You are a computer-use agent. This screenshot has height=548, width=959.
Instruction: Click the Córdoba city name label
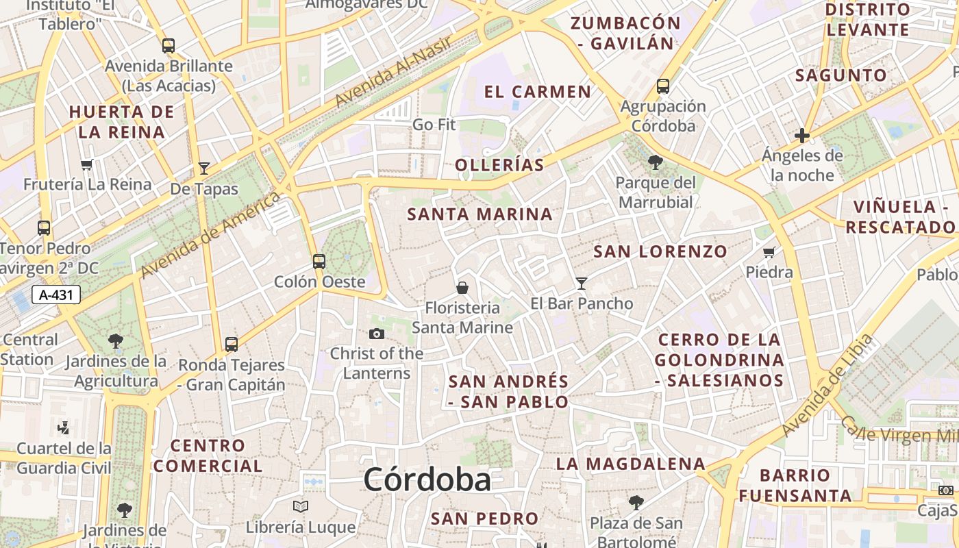tap(427, 480)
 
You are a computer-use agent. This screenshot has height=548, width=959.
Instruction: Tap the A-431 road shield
tap(56, 295)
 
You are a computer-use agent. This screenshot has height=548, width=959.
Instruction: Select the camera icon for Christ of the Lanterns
tap(376, 334)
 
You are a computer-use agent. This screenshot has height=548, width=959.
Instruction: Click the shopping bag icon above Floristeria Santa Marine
tap(462, 288)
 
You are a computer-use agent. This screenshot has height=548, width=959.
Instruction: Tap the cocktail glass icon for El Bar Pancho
tap(582, 283)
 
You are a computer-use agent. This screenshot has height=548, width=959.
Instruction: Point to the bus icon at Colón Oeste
tap(319, 261)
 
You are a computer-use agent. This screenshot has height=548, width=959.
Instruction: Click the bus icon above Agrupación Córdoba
tap(662, 86)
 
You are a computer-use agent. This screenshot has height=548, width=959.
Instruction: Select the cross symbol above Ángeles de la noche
tap(802, 136)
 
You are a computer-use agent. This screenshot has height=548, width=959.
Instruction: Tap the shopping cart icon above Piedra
tap(769, 252)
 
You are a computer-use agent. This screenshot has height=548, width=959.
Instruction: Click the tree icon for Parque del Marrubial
tap(655, 162)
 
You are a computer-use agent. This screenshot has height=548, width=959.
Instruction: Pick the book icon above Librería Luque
tap(301, 507)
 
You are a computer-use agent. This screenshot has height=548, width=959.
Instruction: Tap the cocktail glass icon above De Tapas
tap(204, 169)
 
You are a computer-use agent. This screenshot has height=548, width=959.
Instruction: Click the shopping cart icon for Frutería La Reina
tap(87, 164)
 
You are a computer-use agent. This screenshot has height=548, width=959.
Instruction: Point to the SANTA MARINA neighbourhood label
tap(480, 214)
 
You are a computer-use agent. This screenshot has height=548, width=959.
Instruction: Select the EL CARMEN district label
tap(537, 92)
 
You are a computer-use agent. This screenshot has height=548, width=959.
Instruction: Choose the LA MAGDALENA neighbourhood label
tap(630, 464)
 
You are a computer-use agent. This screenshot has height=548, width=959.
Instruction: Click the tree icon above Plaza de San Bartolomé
tap(636, 503)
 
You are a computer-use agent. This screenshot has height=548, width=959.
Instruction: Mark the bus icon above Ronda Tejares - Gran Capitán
tap(232, 344)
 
